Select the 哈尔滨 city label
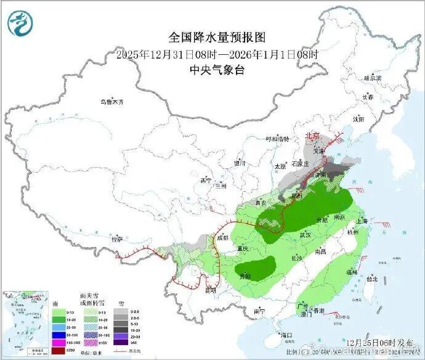[373, 78]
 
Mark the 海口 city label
[285, 335]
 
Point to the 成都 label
[222, 237]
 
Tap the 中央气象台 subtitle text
[216, 70]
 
